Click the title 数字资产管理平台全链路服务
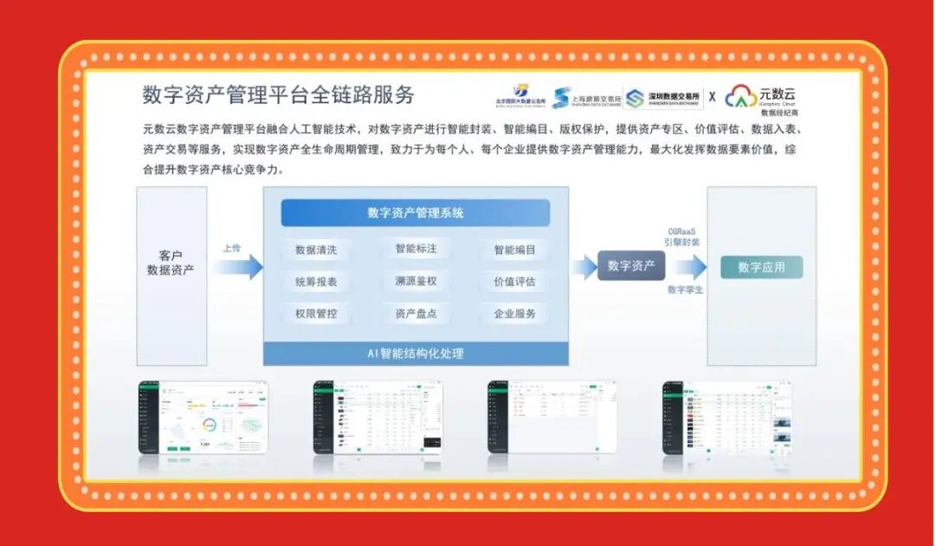(278, 94)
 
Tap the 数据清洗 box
(316, 250)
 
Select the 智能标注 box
(416, 249)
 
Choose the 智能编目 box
(514, 250)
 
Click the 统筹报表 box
(316, 282)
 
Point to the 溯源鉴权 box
(416, 281)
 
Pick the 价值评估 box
(514, 282)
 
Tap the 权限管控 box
(316, 314)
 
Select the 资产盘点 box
(416, 314)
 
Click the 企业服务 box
(514, 314)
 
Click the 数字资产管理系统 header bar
(416, 212)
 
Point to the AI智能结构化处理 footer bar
(416, 354)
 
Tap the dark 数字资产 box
(631, 266)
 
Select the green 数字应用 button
(761, 267)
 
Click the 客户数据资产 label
(171, 263)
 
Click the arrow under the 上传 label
(238, 267)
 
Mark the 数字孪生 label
(685, 289)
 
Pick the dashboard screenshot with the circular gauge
(203, 418)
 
